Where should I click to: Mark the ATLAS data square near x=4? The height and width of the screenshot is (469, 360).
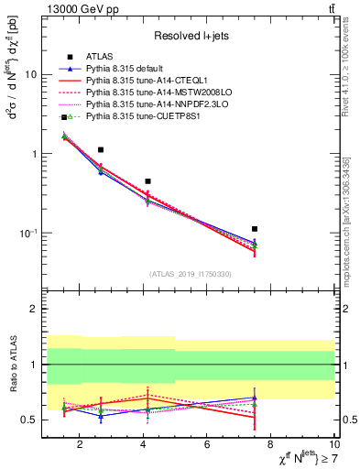point(147,181)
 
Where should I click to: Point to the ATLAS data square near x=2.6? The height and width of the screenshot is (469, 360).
point(101,149)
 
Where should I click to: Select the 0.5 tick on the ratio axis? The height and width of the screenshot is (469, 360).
point(27,420)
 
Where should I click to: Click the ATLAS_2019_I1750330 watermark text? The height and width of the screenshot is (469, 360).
point(191,274)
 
